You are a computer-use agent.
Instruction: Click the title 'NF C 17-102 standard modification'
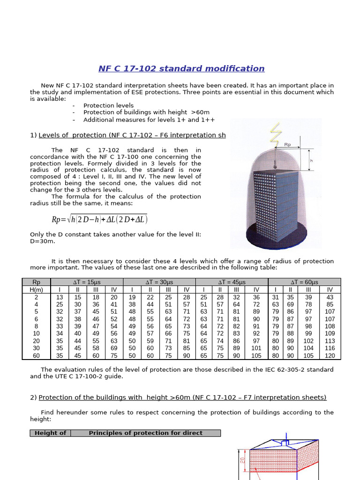[181, 69]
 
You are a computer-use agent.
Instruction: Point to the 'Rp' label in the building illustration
[287, 145]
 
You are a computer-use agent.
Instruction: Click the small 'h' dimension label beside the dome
[311, 160]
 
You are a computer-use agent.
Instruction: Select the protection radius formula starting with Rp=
[100, 219]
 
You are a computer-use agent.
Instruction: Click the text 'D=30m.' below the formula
[42, 241]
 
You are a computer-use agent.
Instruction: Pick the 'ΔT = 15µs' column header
[87, 282]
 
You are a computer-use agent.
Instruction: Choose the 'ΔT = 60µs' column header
[304, 282]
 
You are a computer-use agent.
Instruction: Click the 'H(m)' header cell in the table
[37, 290]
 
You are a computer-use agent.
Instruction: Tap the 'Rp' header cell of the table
[37, 282]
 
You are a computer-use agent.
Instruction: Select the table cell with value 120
[330, 356]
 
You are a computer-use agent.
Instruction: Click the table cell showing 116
[330, 348]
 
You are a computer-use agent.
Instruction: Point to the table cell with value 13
[60, 297]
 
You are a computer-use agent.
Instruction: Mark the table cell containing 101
[256, 348]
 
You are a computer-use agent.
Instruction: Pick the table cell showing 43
[330, 297]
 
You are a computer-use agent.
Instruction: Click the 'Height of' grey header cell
[51, 433]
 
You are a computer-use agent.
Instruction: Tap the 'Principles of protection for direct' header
[145, 433]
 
